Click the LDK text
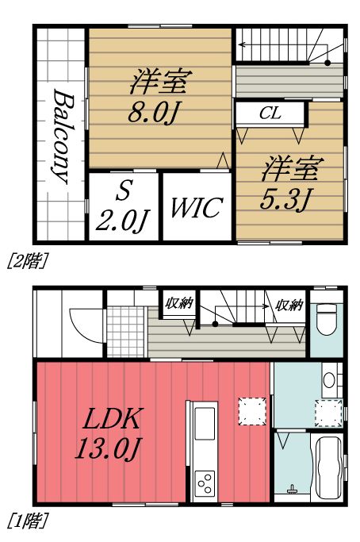110,420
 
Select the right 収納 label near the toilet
289,304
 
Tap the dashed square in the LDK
252,410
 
